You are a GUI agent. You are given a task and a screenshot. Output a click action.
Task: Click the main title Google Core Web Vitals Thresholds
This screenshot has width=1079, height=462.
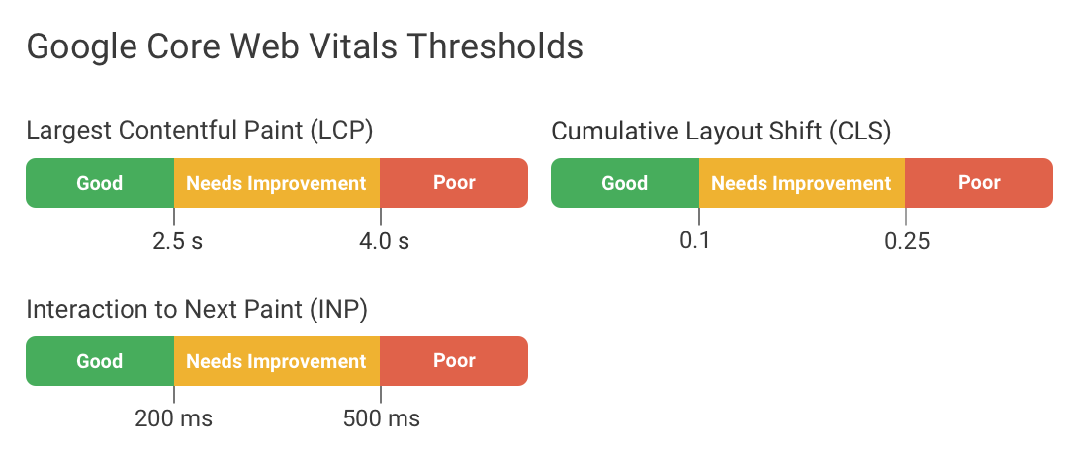(304, 46)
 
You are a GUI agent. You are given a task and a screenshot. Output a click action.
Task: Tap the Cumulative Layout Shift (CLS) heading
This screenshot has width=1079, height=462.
(721, 131)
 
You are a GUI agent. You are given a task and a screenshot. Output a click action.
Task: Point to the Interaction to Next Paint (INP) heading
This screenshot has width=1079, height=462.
(197, 309)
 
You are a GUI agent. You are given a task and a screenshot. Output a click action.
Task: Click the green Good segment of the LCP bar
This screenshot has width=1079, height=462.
(100, 183)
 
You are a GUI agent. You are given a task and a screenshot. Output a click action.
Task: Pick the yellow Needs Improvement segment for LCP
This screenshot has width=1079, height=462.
(276, 183)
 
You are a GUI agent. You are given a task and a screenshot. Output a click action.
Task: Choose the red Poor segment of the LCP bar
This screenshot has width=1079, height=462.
(454, 183)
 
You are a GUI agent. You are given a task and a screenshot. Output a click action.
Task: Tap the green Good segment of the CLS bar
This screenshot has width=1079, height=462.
(625, 183)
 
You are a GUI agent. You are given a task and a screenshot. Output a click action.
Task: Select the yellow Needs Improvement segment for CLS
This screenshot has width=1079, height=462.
(801, 183)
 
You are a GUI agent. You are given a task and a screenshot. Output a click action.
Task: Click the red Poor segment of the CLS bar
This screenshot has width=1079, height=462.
(979, 183)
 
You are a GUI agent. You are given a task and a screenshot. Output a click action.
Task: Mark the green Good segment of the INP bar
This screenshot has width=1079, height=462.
(100, 361)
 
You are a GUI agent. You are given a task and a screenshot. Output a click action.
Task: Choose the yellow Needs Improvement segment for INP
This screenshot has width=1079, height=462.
(276, 361)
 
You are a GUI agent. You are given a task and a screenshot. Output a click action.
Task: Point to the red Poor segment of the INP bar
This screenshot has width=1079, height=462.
(454, 361)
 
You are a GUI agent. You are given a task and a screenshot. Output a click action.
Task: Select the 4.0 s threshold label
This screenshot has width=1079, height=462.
(384, 241)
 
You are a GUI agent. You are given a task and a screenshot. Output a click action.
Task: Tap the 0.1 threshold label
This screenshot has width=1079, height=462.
(696, 241)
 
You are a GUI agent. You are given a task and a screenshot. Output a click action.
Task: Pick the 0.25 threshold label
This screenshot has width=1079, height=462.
(907, 241)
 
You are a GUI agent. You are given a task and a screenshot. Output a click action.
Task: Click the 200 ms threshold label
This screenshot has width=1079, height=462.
(174, 419)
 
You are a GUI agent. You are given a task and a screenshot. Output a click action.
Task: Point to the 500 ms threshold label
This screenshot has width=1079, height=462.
(382, 419)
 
